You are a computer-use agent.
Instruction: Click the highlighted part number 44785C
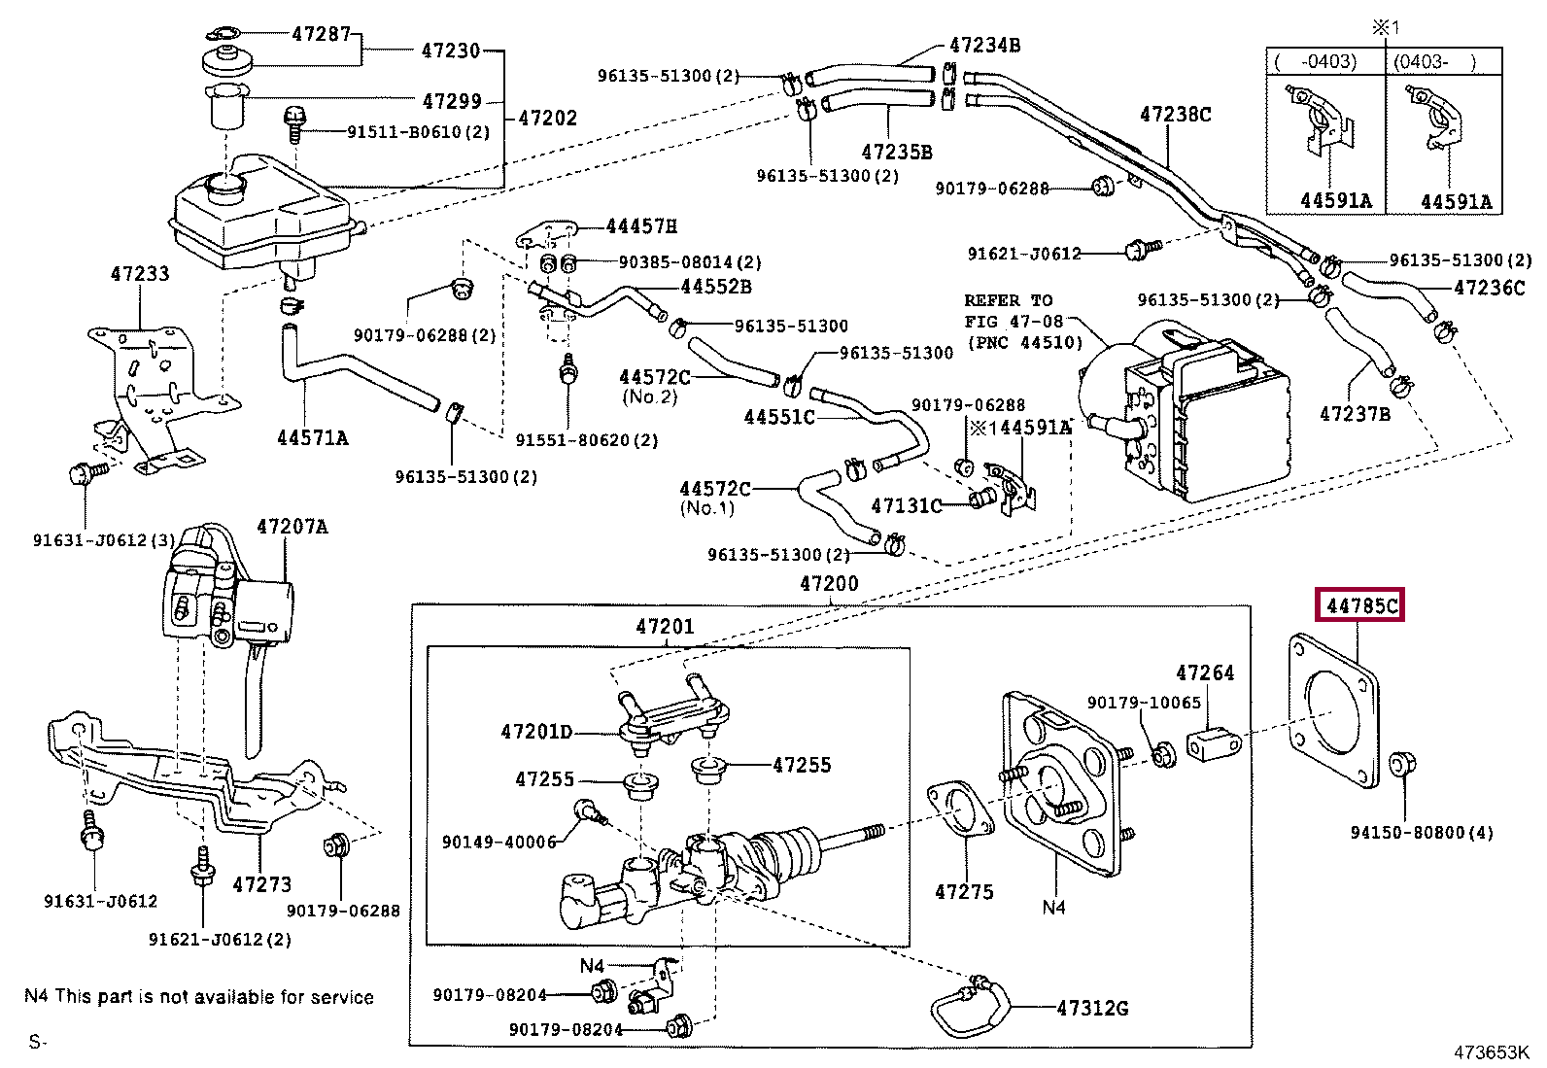(x=1360, y=605)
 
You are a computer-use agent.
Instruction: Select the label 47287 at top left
(x=321, y=34)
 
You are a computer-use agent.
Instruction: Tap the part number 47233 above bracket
(x=140, y=274)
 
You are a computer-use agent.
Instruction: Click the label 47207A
(x=292, y=527)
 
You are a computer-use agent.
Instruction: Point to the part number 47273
(x=261, y=884)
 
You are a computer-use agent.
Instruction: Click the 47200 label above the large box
(x=828, y=583)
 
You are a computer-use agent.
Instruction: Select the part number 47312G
(x=1092, y=1008)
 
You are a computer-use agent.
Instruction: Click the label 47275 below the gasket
(x=964, y=891)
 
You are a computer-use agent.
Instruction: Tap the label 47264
(x=1204, y=672)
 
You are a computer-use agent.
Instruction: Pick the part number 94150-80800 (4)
(x=1422, y=832)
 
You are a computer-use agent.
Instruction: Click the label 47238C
(x=1175, y=115)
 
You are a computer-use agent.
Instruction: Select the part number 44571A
(x=312, y=437)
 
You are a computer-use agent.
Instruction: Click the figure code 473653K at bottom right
(x=1491, y=1052)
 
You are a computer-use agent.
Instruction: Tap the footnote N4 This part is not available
(x=198, y=997)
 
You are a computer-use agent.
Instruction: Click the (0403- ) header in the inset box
(x=1434, y=61)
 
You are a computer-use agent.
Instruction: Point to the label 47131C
(x=906, y=505)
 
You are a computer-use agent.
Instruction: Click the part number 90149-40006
(x=498, y=842)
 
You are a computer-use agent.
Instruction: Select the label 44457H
(x=641, y=226)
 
